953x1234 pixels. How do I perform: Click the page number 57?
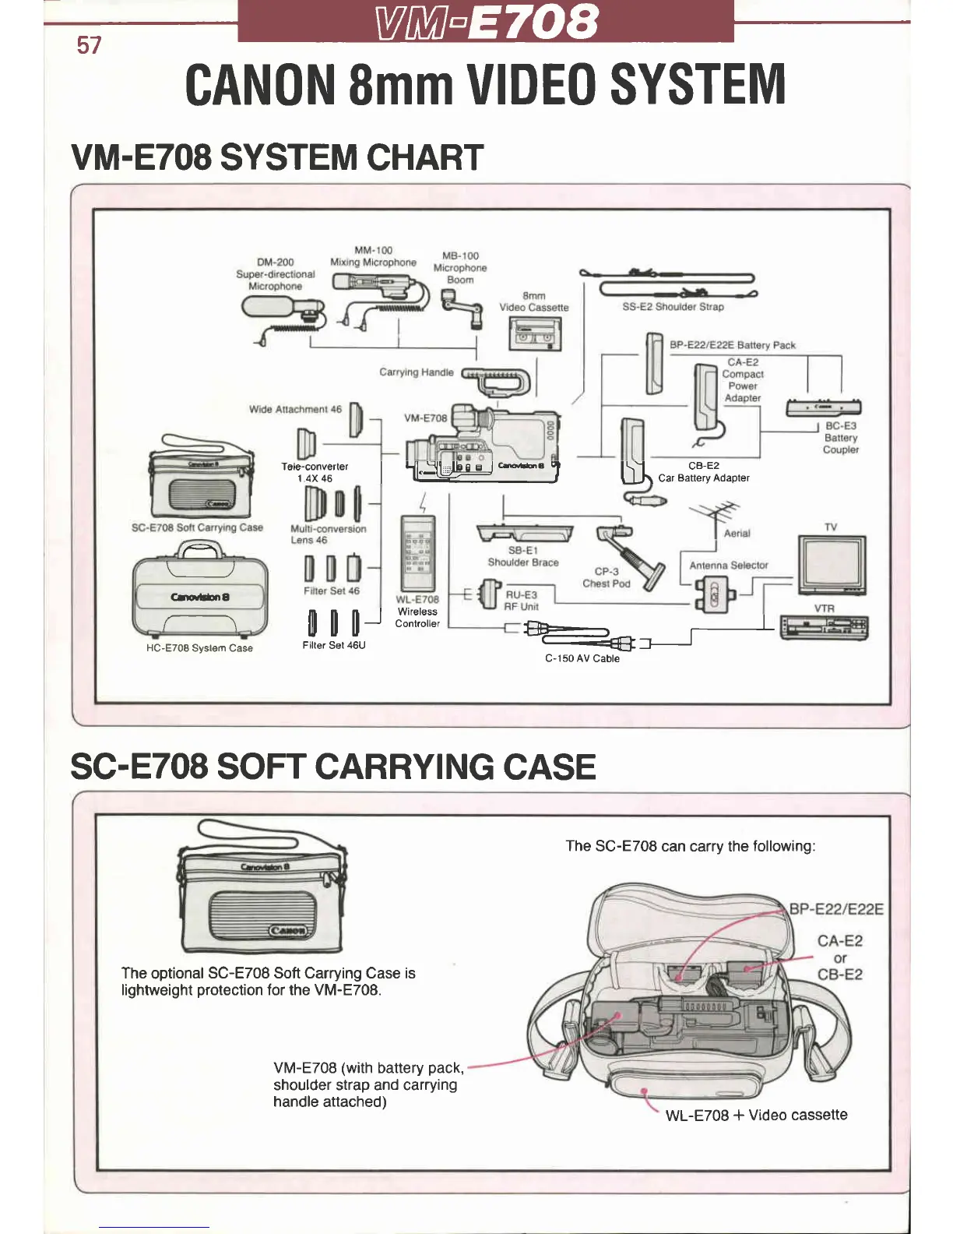coord(89,45)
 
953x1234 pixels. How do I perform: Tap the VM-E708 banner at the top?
coord(486,21)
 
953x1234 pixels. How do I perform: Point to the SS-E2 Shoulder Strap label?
coord(673,307)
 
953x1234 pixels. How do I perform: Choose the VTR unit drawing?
coord(824,626)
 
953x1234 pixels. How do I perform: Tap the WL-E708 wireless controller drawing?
coord(418,553)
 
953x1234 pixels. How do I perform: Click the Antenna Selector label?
coord(728,565)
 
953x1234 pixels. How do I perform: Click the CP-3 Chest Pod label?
coord(607,577)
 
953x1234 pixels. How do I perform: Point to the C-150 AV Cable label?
coord(582,658)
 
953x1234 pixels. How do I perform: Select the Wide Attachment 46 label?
coord(295,409)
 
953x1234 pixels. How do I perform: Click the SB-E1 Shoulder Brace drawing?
coord(525,533)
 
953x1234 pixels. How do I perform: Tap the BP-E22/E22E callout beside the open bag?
coord(836,909)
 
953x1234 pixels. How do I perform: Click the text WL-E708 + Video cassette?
coord(756,1115)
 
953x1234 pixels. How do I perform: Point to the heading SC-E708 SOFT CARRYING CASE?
coord(332,767)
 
